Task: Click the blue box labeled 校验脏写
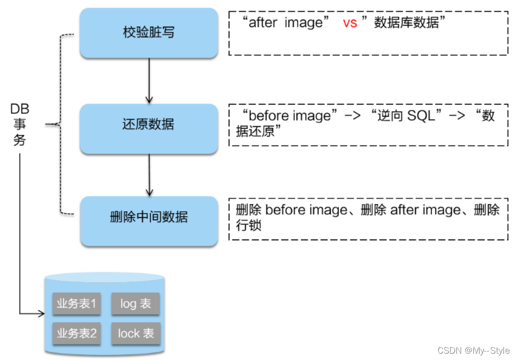click(148, 33)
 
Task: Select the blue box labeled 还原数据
click(148, 125)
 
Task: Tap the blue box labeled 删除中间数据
click(148, 217)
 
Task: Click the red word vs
click(350, 23)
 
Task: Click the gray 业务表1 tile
click(77, 304)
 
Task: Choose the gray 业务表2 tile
click(77, 333)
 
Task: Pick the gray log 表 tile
click(136, 304)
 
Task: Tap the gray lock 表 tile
click(136, 333)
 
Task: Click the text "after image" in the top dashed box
click(285, 23)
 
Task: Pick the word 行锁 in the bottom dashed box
click(249, 225)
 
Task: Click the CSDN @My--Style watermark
click(473, 350)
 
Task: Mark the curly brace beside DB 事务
click(61, 124)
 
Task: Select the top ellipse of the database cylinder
click(104, 278)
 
